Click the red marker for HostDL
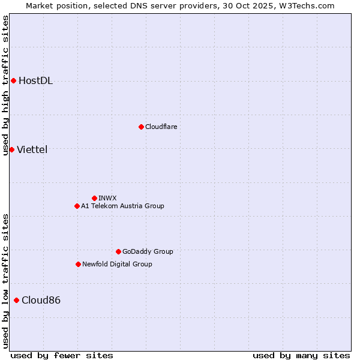tap(13, 81)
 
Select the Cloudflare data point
tap(141, 127)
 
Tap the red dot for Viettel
tap(11, 149)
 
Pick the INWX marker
tap(94, 198)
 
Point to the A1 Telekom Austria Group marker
tap(77, 206)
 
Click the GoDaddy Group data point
tap(118, 251)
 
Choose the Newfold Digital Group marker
tap(78, 264)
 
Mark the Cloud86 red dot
tap(16, 300)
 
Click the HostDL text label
tap(35, 81)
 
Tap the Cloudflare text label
tap(161, 127)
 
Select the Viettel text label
tap(32, 149)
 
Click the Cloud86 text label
tap(41, 300)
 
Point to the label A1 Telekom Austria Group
tap(122, 206)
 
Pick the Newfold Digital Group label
tap(117, 264)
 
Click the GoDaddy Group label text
tap(148, 251)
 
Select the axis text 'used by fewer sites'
tap(62, 355)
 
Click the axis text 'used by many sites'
tap(301, 355)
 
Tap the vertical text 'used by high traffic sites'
tap(5, 85)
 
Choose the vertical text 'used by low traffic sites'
tap(5, 280)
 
